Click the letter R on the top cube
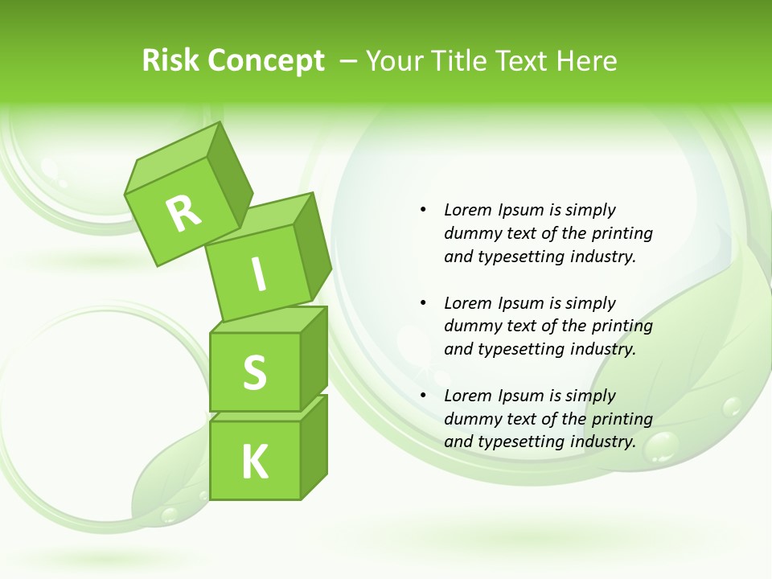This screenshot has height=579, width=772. click(184, 213)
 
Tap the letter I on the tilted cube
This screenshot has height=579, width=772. click(258, 275)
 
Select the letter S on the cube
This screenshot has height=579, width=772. click(254, 372)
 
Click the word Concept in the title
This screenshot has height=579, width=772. click(265, 61)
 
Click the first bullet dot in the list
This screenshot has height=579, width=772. click(423, 210)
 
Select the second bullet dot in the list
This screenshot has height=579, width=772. click(423, 303)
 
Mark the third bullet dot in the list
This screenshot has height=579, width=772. click(423, 396)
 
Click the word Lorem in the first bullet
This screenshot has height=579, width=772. click(466, 210)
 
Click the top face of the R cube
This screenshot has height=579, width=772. click(173, 158)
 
